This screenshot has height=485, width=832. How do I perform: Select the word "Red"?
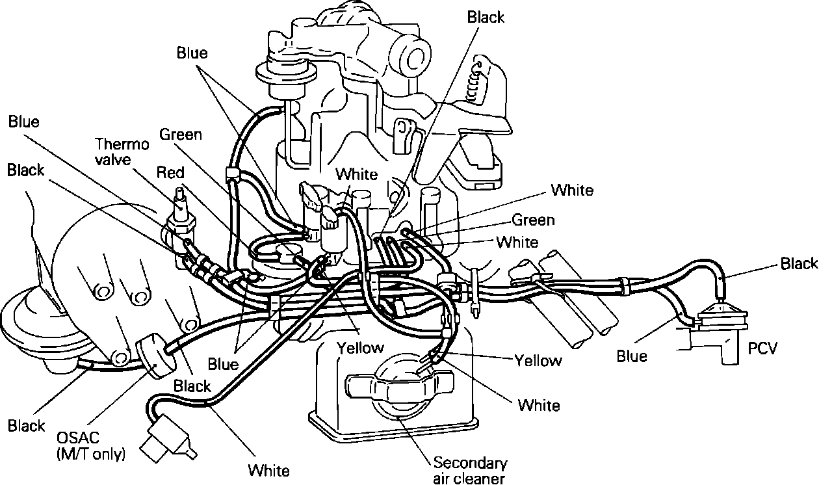click(x=170, y=172)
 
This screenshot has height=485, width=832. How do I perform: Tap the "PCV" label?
click(x=762, y=349)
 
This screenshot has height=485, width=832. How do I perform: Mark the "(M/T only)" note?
click(x=90, y=452)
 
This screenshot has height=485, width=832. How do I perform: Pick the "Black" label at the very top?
click(x=486, y=18)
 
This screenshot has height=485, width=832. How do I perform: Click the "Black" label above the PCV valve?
click(x=799, y=263)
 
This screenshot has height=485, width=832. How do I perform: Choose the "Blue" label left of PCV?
click(x=632, y=356)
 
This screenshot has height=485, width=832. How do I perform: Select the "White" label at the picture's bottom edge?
click(x=268, y=469)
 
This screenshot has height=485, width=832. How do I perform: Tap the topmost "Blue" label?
click(x=192, y=53)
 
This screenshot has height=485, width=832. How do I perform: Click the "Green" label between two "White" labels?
click(x=533, y=220)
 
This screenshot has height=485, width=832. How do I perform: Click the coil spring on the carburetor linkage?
click(x=480, y=81)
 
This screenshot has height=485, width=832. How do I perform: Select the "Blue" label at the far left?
click(x=23, y=122)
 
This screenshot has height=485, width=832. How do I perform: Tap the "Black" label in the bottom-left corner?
click(x=26, y=426)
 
